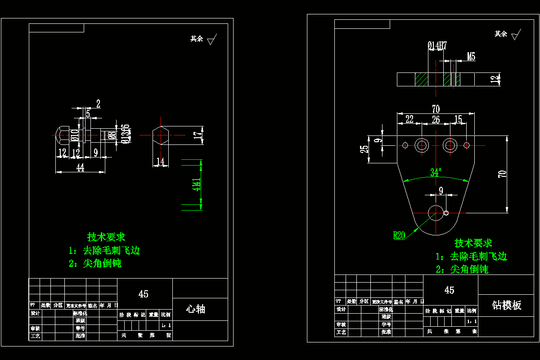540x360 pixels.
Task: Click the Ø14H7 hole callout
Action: point(437,45)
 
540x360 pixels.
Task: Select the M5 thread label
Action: point(471,57)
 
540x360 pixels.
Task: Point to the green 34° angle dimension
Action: point(436,172)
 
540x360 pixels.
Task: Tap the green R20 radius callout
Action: point(399,235)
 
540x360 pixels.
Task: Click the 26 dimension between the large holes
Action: point(436,120)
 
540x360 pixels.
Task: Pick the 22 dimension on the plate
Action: point(409,119)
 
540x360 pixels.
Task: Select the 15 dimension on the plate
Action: point(458,119)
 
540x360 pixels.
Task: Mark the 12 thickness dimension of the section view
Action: point(495,80)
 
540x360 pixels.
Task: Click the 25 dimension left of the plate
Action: point(364,148)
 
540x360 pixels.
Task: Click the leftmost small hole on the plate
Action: point(405,145)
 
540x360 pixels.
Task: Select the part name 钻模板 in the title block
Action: point(506,305)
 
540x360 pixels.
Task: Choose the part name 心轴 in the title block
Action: point(196,309)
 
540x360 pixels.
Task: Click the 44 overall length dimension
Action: point(80,167)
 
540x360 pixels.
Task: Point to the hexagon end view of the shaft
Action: point(161,135)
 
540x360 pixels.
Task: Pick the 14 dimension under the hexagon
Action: point(160,161)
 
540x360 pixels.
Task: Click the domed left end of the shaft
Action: point(58,135)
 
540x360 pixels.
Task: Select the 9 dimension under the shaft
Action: point(95,153)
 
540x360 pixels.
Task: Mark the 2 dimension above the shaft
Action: point(98,104)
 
